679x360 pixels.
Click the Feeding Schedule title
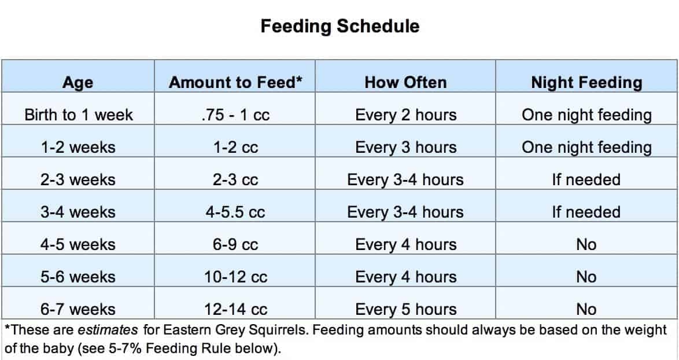[x=340, y=26]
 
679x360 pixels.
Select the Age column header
[x=78, y=82]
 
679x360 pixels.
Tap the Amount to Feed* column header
[x=235, y=82]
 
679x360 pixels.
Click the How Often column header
[x=406, y=82]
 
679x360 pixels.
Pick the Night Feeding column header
[x=587, y=82]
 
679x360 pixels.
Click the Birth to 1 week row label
[x=79, y=115]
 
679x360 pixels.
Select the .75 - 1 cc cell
[x=235, y=115]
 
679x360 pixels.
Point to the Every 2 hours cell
[x=406, y=115]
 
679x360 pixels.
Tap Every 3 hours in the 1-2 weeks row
[x=406, y=147]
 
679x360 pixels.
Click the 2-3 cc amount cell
[x=235, y=180]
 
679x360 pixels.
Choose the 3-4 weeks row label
[x=79, y=212]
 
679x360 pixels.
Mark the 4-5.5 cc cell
[x=235, y=212]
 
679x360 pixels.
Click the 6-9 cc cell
[x=235, y=245]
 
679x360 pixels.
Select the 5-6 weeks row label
[x=79, y=277]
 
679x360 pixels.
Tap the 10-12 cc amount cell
[x=235, y=277]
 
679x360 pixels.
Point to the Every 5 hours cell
[x=406, y=309]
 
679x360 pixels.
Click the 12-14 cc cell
[x=235, y=309]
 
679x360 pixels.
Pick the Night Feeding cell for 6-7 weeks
[x=586, y=309]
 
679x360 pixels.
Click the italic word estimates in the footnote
[x=108, y=330]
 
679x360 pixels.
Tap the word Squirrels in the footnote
[x=279, y=330]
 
